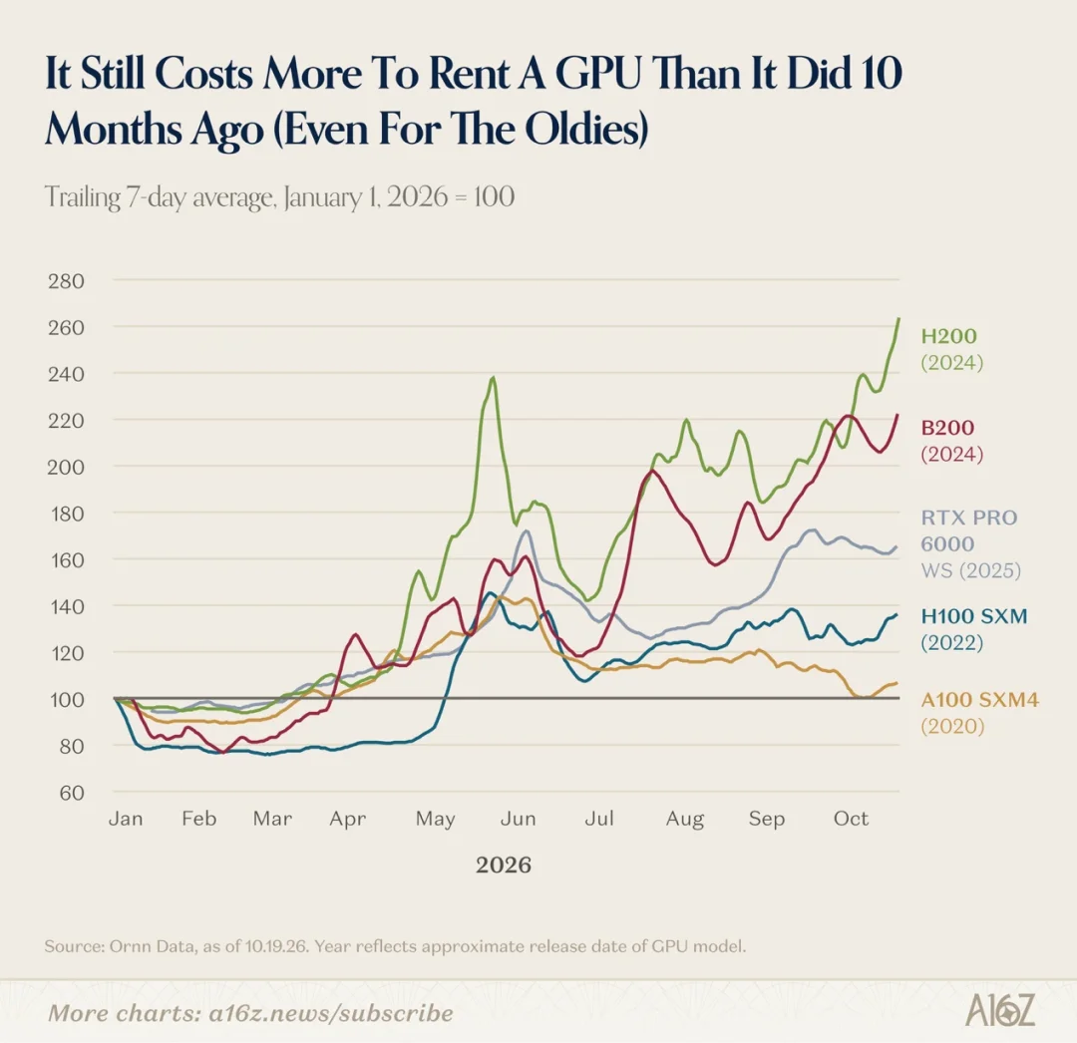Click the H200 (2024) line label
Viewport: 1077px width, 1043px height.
[x=952, y=349]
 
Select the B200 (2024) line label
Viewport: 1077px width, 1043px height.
[x=952, y=440]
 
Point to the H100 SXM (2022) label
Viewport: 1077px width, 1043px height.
[x=974, y=629]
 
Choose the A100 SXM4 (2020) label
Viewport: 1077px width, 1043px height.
[x=979, y=713]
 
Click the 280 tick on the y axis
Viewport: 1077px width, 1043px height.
[x=66, y=281]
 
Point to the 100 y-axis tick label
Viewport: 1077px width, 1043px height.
[x=66, y=700]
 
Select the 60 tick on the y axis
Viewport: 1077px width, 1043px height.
[x=72, y=793]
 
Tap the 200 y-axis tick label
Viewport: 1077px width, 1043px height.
[x=66, y=467]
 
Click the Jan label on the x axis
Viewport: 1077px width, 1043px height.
[x=126, y=819]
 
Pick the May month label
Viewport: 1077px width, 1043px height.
[x=436, y=820]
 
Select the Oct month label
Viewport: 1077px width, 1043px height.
[x=851, y=819]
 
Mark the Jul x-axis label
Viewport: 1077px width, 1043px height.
[x=599, y=819]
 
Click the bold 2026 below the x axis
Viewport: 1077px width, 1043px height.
[x=504, y=865]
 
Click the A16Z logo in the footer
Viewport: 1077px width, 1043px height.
[x=1000, y=1010]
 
